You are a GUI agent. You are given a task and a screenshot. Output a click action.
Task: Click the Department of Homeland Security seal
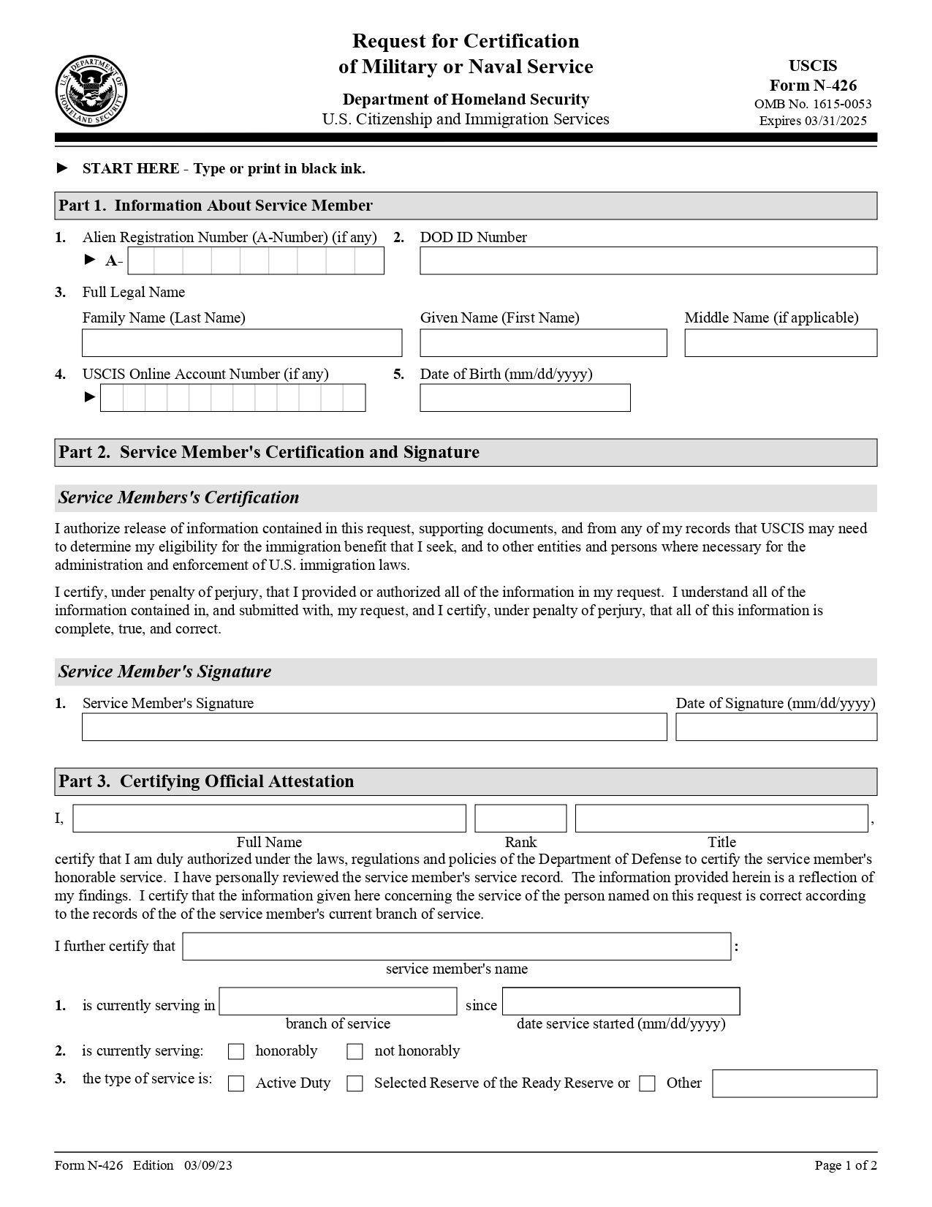[x=91, y=91]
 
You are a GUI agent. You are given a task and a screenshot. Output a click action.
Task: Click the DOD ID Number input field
[x=648, y=260]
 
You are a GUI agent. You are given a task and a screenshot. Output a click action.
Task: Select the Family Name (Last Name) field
[x=241, y=343]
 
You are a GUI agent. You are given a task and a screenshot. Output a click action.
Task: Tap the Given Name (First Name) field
[x=543, y=343]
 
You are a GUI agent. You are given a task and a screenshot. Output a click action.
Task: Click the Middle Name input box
[x=780, y=343]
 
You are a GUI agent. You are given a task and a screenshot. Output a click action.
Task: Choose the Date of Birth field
[x=524, y=398]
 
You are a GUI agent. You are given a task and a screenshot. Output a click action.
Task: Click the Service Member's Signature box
[x=374, y=727]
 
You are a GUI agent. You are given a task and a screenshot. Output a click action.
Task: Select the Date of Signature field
[x=776, y=727]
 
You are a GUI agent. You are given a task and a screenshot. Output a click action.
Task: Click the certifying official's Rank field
[x=520, y=819]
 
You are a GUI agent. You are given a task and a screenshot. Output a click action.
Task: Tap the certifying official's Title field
[x=721, y=819]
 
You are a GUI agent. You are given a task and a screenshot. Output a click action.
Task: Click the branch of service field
[x=338, y=1001]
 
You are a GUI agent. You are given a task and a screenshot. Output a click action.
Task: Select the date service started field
[x=621, y=1001]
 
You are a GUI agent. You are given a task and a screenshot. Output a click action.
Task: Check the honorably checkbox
[x=236, y=1052]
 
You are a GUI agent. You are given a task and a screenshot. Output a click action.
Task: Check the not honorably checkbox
[x=355, y=1052]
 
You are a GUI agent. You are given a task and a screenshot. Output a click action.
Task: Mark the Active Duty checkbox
[x=236, y=1084]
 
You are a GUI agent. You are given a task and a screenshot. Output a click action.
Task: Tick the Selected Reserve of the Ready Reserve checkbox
[x=355, y=1084]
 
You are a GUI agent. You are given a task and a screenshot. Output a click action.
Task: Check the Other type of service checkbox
[x=647, y=1084]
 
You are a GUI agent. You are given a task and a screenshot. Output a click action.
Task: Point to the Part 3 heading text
[x=206, y=781]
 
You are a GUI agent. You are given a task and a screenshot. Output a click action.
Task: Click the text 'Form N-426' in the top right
[x=813, y=85]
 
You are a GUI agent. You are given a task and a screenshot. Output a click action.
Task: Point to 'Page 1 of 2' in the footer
[x=846, y=1165]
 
